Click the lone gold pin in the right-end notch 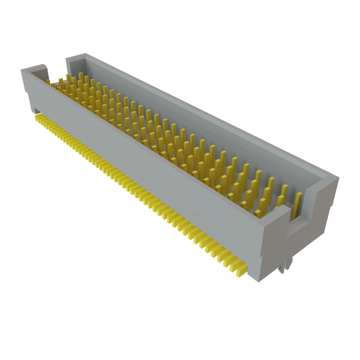pyautogui.click(x=298, y=205)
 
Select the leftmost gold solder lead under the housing pyautogui.click(x=37, y=116)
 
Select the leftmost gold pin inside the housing pyautogui.click(x=48, y=81)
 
